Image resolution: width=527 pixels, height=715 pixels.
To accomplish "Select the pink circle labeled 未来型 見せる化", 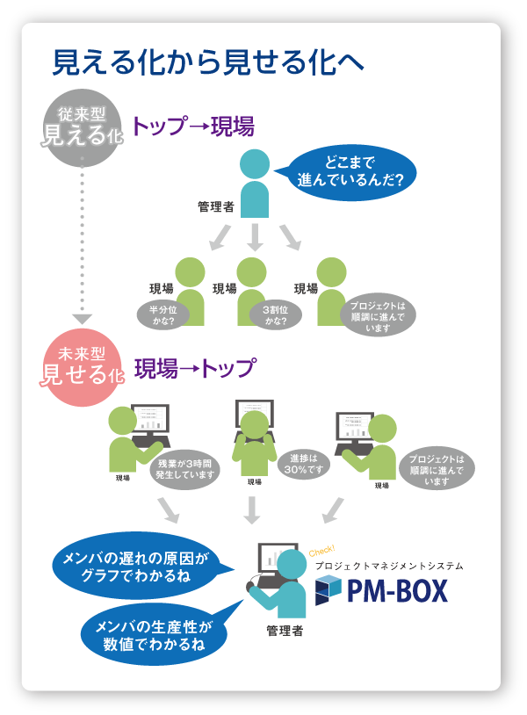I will point(81,368).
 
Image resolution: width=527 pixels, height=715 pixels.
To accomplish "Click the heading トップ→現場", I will point(192,126).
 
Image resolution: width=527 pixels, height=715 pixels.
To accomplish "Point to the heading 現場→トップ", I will point(194,368).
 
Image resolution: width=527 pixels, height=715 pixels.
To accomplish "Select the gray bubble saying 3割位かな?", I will point(274,314).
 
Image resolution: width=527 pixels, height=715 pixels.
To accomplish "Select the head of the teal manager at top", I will point(255,163).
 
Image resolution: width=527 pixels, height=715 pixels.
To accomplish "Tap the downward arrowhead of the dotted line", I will point(82,320).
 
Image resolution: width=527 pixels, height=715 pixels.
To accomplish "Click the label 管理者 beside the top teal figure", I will point(215,207).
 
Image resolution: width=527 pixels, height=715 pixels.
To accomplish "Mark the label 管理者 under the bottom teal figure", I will point(285,631).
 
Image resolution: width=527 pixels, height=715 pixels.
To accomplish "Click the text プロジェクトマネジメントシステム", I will point(388,566).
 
